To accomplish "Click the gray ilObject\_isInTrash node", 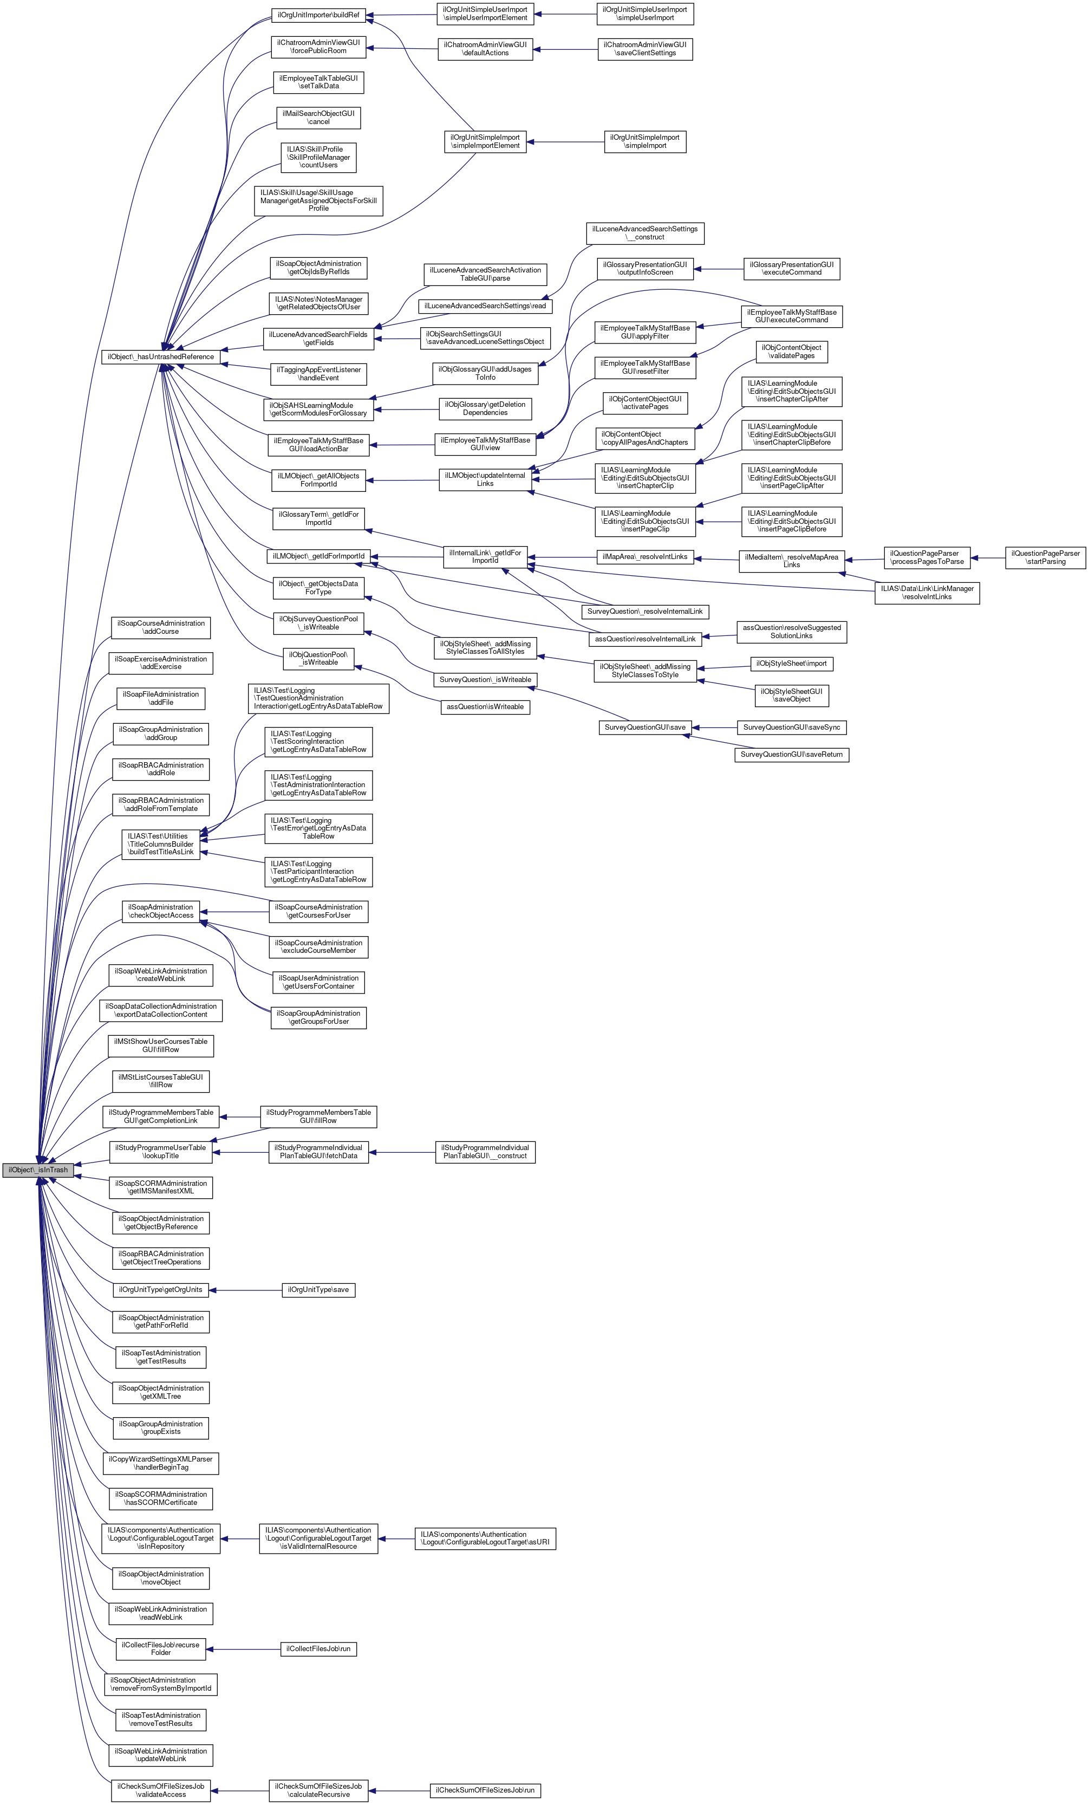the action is coord(37,1170).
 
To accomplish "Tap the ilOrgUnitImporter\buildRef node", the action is coord(318,15).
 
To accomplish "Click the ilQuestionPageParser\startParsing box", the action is coord(1045,557).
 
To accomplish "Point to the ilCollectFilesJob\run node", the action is coord(318,1649).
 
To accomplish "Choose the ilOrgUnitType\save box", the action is coord(318,1289).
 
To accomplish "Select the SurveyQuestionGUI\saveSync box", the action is coord(791,728).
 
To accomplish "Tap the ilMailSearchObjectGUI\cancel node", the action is coord(318,117).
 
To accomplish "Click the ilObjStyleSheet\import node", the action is coord(791,664).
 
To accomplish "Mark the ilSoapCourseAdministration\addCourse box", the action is coord(161,627).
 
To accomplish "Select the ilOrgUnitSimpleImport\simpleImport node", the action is coord(644,141).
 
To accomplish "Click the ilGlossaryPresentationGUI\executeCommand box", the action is coord(791,268).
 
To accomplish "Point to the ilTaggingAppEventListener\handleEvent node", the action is coord(318,374).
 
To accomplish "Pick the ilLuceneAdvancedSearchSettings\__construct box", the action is coord(644,233).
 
